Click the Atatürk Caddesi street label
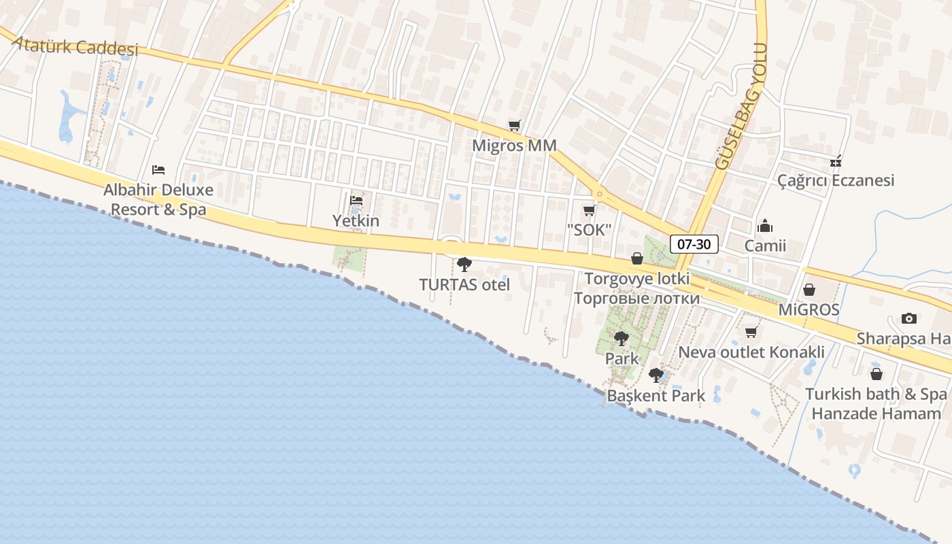(75, 46)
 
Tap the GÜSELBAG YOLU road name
(741, 107)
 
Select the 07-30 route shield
(694, 244)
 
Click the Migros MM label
(514, 146)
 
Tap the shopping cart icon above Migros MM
(514, 125)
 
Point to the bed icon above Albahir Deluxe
(158, 169)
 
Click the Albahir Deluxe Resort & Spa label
(158, 200)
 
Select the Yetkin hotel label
(356, 221)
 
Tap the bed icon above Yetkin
(356, 200)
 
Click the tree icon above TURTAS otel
(464, 264)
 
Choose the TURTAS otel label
(464, 285)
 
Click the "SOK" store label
(589, 230)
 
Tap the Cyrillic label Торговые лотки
(636, 299)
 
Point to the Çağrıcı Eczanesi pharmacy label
(836, 181)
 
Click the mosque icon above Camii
(765, 226)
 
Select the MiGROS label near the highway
(809, 310)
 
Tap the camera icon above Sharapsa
(908, 318)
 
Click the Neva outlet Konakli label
(751, 352)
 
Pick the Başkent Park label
(656, 396)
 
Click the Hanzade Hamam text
(876, 413)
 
